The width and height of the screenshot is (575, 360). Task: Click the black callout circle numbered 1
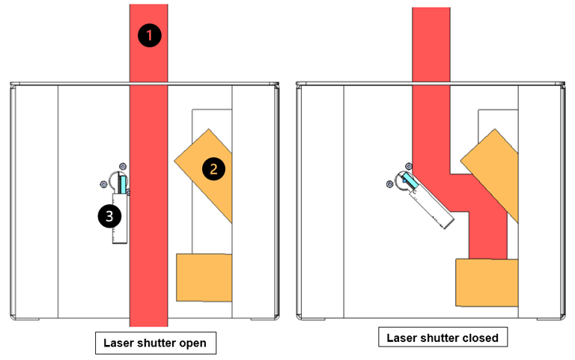[x=149, y=35]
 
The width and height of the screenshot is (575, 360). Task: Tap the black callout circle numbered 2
[x=213, y=169]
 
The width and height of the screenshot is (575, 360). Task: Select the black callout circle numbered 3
[x=109, y=216]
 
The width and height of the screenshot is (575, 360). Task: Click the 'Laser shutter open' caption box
[x=156, y=343]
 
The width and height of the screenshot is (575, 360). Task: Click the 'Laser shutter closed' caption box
[x=442, y=338]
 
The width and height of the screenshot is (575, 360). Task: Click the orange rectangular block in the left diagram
[x=204, y=278]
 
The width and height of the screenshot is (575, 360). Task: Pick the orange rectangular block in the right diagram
[x=487, y=282]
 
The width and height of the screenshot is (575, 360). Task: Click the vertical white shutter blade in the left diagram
[x=120, y=218]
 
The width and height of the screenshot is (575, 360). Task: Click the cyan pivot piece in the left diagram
[x=123, y=184]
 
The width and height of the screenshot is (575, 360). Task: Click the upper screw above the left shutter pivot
[x=123, y=166]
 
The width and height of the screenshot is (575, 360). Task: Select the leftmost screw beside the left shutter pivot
[x=103, y=184]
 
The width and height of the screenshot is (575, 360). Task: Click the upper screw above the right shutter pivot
[x=409, y=166]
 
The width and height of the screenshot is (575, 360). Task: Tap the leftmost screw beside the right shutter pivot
[x=390, y=184]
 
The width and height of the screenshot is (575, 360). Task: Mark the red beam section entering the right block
[x=488, y=235]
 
